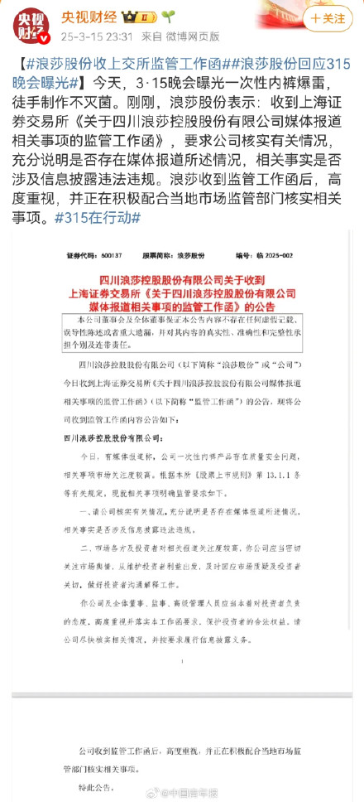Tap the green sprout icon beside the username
168,15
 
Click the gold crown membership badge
140,15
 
